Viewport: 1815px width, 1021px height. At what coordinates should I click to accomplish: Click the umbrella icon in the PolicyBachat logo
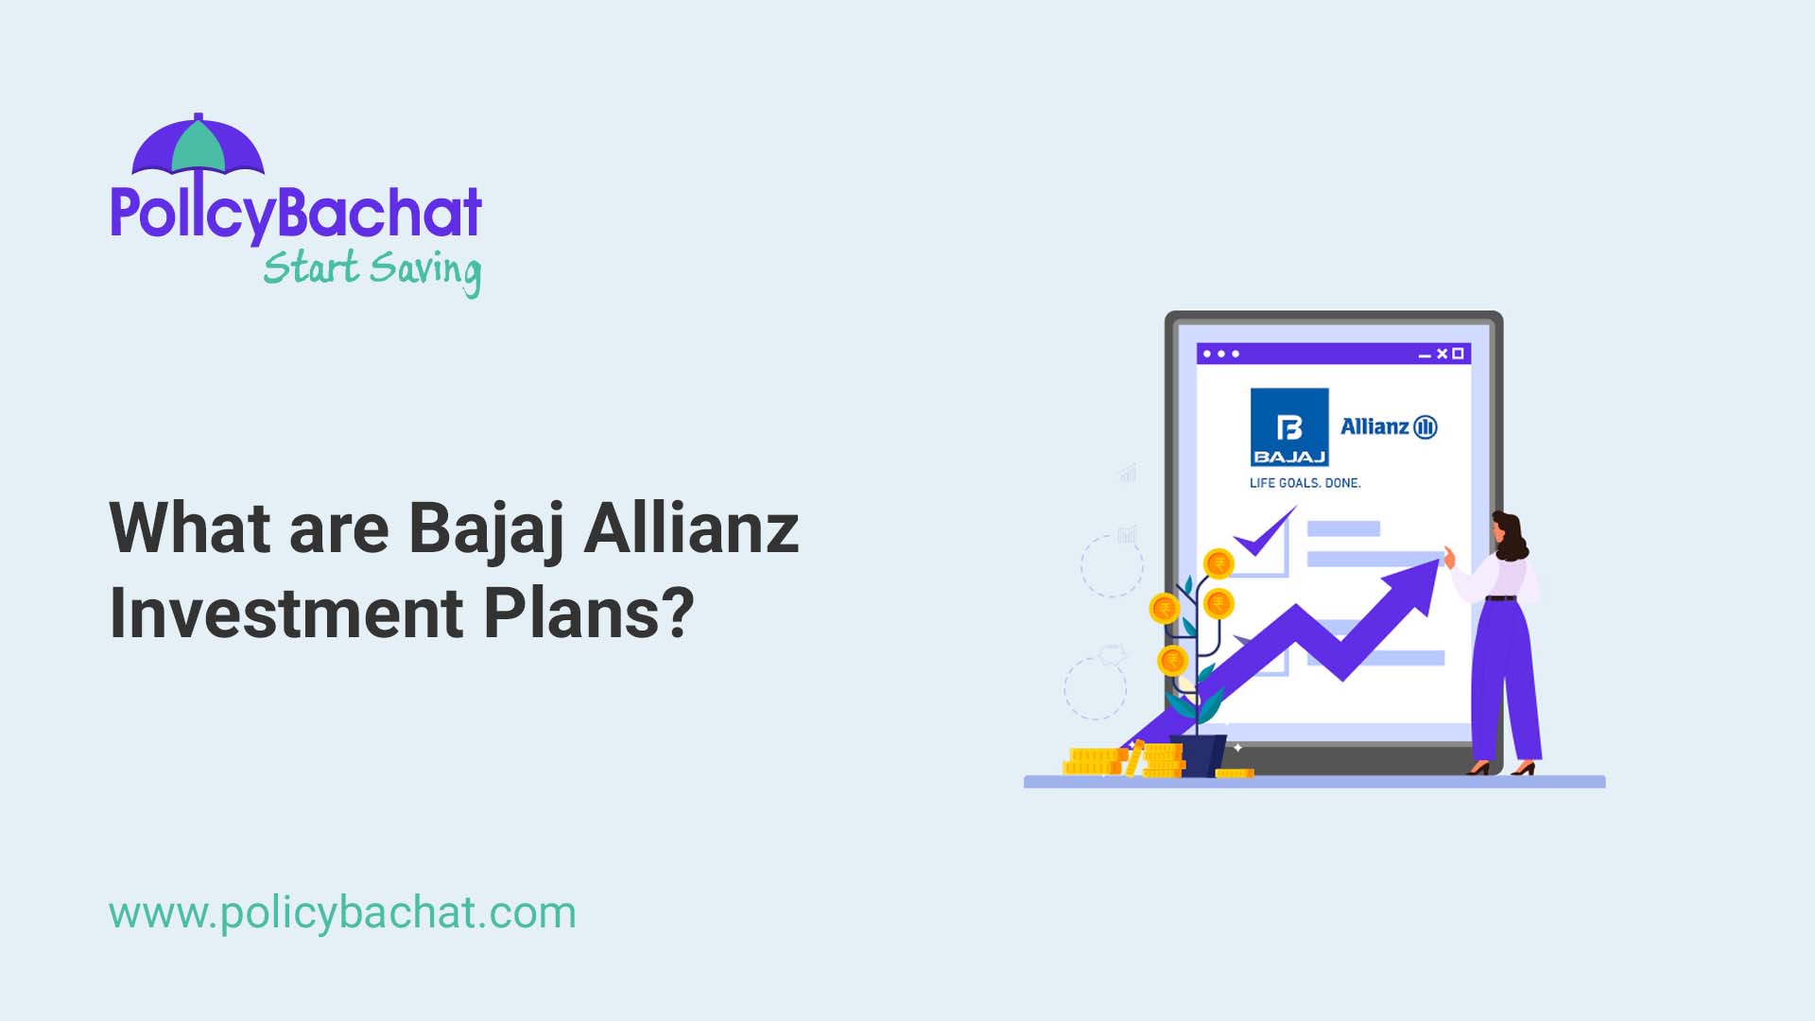tap(198, 147)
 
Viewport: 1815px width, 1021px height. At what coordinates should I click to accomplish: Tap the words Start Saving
tap(372, 269)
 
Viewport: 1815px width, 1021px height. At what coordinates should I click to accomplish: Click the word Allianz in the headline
tap(691, 528)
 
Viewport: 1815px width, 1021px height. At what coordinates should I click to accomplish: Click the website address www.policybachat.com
tap(342, 913)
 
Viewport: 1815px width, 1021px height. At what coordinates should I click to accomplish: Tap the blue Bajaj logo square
tap(1289, 426)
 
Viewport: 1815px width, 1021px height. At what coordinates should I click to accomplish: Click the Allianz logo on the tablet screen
tap(1389, 426)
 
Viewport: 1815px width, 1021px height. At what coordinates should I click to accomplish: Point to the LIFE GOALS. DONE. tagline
tap(1305, 483)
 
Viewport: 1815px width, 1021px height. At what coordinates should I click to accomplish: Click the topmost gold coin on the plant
tap(1219, 564)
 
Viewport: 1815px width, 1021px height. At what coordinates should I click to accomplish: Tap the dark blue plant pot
tap(1198, 754)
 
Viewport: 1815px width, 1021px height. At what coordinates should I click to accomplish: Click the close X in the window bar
tap(1443, 354)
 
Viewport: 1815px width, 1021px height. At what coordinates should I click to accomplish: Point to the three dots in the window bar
tap(1221, 354)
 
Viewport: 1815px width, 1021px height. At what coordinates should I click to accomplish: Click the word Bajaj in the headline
tap(486, 528)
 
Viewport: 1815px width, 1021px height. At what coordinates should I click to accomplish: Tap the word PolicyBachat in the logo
tap(296, 213)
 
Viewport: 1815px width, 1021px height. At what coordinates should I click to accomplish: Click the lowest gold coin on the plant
tap(1173, 660)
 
